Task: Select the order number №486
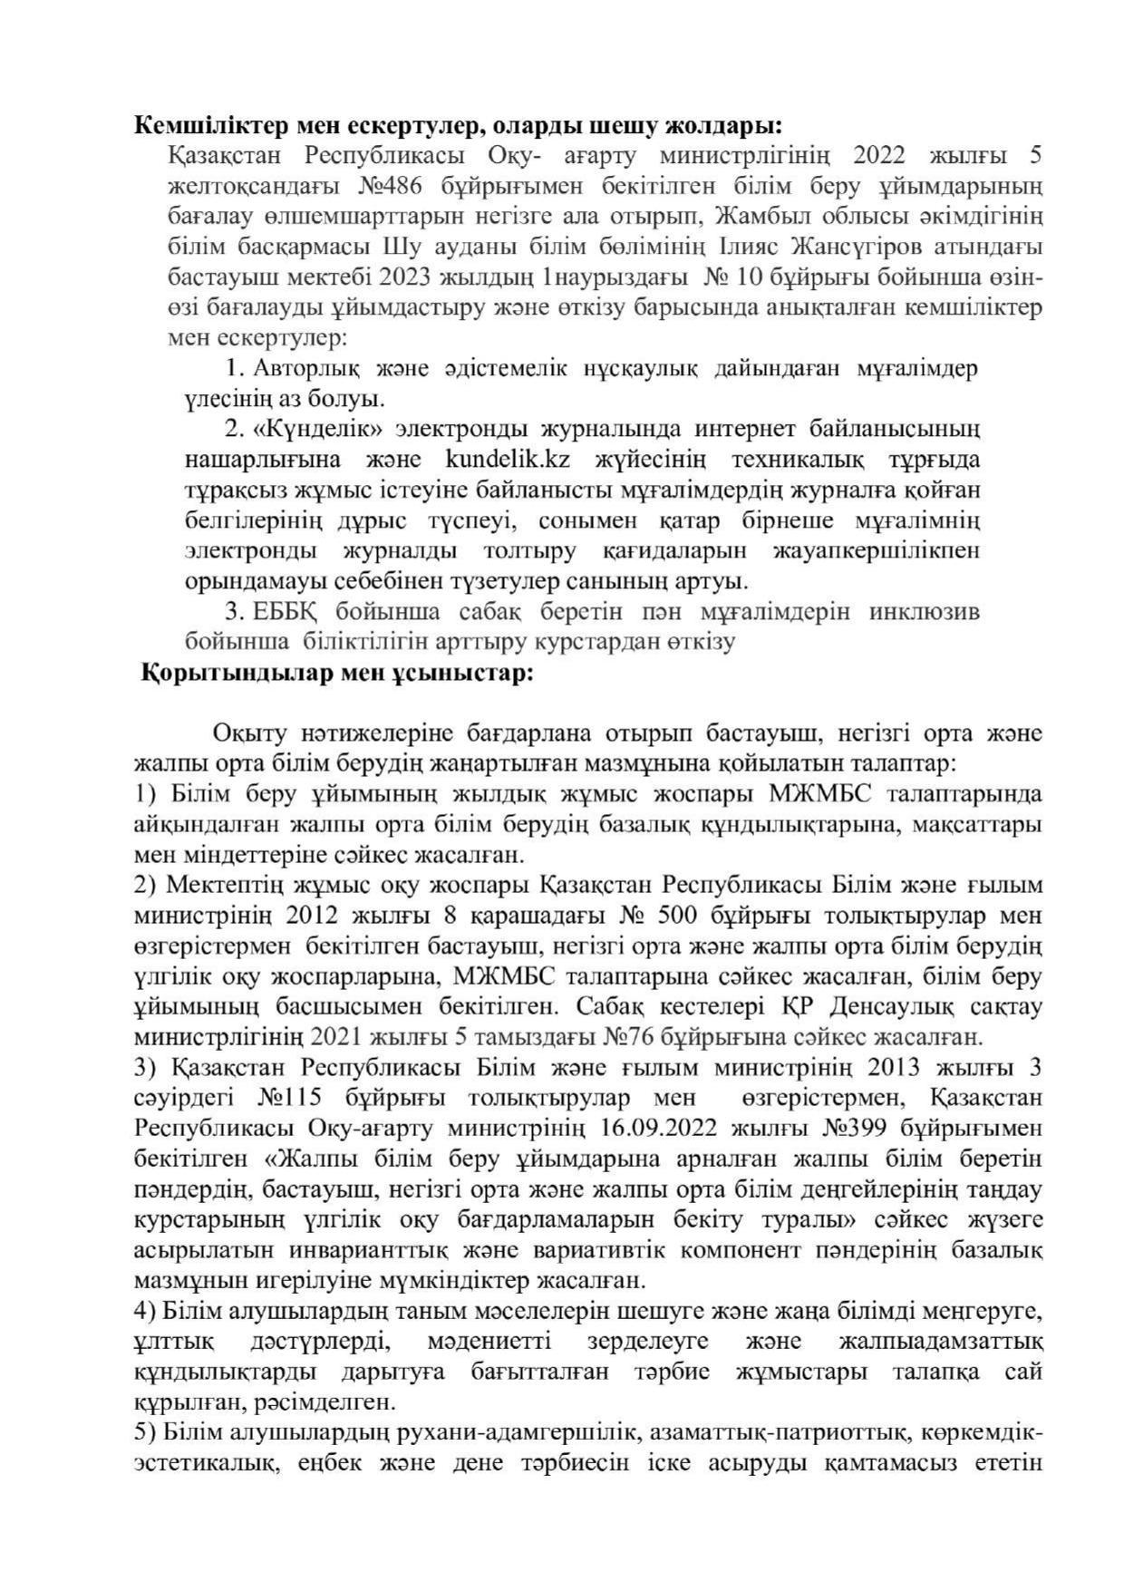pyautogui.click(x=392, y=186)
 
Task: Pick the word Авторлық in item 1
pyautogui.click(x=308, y=369)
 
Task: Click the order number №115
pyautogui.click(x=289, y=1098)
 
